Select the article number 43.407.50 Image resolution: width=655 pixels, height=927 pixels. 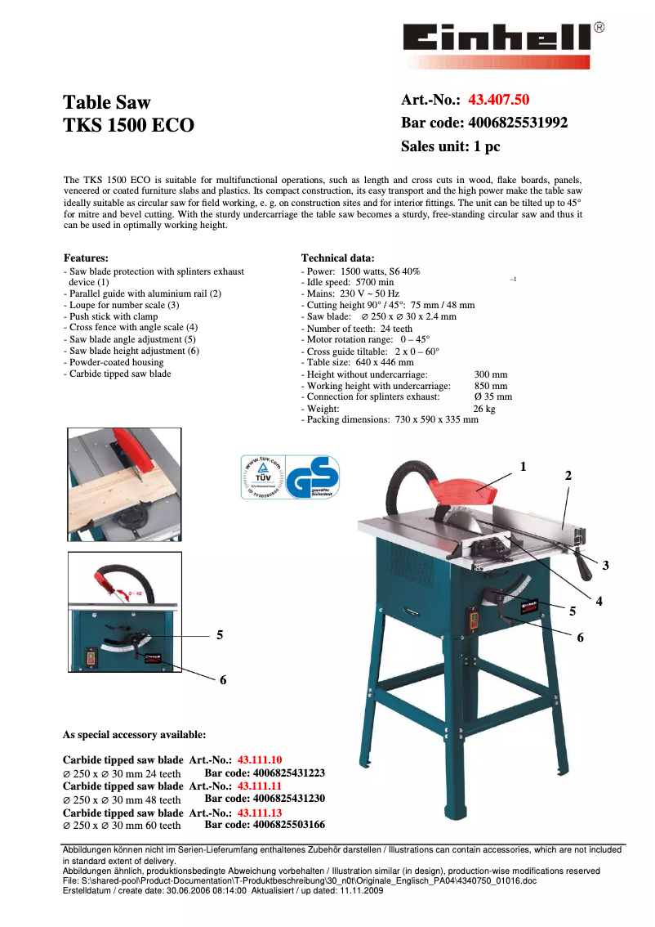[x=498, y=101]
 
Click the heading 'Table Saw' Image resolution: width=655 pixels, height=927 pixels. [x=107, y=103]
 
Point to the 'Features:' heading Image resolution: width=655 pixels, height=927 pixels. [x=86, y=257]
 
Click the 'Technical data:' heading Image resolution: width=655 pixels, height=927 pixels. [x=338, y=257]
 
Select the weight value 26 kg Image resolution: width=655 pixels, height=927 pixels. [x=484, y=409]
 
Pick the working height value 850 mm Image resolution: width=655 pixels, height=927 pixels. [x=491, y=386]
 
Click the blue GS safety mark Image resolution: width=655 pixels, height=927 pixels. [x=314, y=477]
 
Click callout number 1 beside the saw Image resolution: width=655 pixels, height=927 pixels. [x=524, y=467]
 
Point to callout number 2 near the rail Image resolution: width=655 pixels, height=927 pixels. [x=568, y=476]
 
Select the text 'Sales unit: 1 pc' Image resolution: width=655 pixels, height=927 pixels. [x=450, y=147]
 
